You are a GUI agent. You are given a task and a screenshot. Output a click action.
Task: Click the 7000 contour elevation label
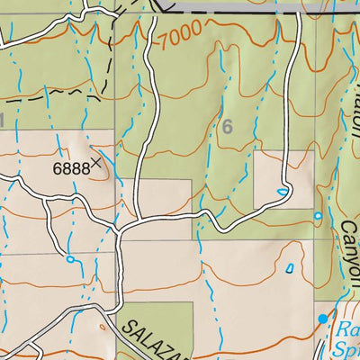pyautogui.click(x=179, y=39)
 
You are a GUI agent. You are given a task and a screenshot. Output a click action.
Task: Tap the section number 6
pyautogui.click(x=227, y=128)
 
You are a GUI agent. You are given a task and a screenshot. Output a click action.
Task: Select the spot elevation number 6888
pyautogui.click(x=70, y=167)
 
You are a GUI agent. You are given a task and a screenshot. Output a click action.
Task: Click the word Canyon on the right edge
pyautogui.click(x=349, y=253)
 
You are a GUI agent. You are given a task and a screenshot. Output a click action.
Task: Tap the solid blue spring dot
pyautogui.click(x=323, y=319)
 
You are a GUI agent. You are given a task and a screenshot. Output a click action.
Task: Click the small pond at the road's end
pyautogui.click(x=283, y=191)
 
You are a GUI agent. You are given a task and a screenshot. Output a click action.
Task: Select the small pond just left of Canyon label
pyautogui.click(x=318, y=216)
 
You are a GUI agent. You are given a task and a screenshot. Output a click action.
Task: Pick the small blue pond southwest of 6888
pyautogui.click(x=70, y=260)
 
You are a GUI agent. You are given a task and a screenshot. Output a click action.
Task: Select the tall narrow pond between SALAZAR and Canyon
pyautogui.click(x=290, y=267)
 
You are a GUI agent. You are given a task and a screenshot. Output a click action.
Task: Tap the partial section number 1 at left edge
pyautogui.click(x=4, y=119)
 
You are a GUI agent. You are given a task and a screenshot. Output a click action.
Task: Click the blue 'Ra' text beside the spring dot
pyautogui.click(x=347, y=329)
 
